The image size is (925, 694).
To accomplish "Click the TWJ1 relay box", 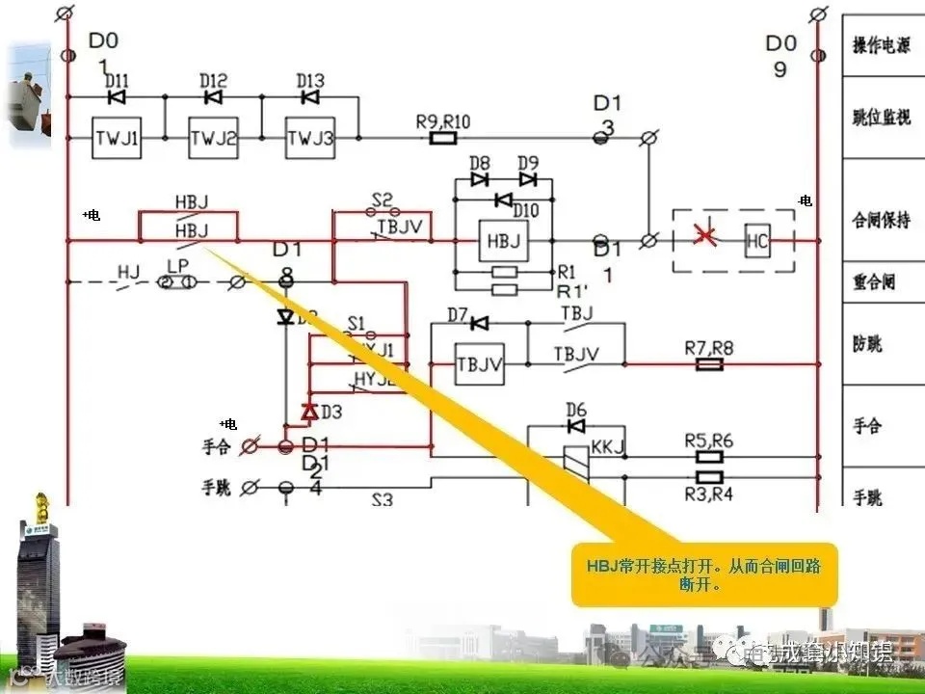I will (117, 139).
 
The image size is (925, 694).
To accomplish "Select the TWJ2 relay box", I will (213, 139).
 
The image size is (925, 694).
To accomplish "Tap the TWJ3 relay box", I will (309, 139).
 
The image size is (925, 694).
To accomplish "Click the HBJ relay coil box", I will (503, 241).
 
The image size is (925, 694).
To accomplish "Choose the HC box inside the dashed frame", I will (757, 241).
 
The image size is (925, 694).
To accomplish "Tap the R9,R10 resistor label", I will (442, 121).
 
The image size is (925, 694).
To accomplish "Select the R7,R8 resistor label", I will (708, 347).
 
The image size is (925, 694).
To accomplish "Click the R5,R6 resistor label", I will (708, 440).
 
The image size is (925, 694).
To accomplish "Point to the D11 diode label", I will (117, 80).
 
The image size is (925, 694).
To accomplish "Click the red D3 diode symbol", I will (309, 413).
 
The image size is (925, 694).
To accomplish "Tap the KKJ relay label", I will (607, 447).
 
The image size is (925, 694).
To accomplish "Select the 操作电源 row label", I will (881, 46).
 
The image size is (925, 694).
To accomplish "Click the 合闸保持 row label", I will (881, 220).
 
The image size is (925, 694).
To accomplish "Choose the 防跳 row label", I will (867, 344).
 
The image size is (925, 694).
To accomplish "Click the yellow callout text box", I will (704, 574).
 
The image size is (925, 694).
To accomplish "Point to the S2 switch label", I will (383, 200).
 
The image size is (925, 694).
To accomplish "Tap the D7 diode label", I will (457, 315).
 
